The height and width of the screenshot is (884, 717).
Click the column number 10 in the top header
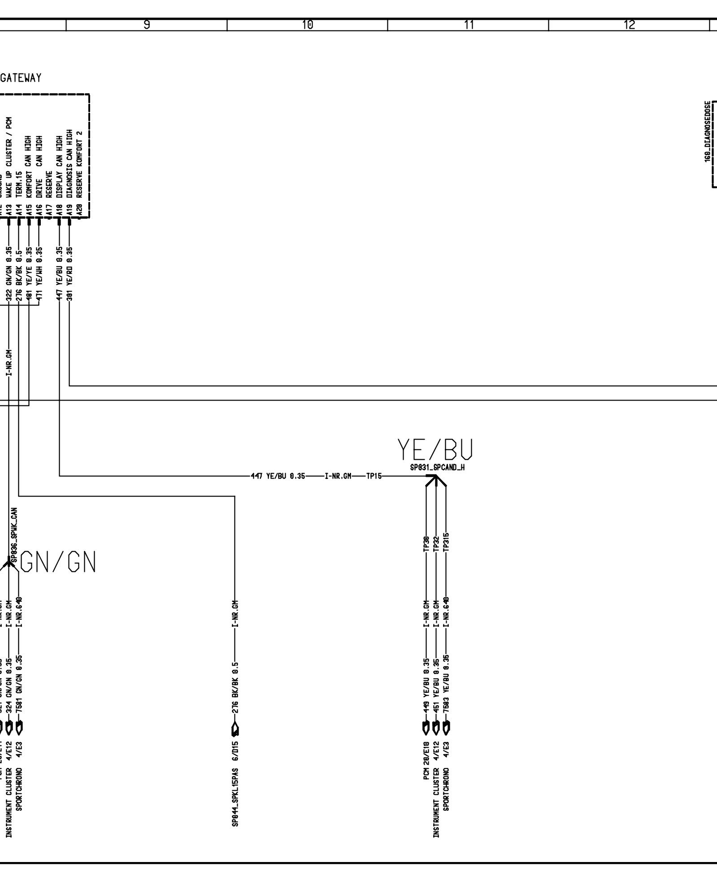308,25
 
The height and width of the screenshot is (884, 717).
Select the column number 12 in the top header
629,25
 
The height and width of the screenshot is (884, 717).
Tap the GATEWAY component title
21,78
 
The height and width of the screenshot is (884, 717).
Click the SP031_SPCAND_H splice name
437,467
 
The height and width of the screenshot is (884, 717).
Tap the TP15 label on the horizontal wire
374,476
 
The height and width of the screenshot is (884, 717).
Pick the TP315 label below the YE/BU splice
446,543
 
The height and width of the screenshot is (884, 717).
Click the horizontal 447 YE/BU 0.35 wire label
278,476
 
